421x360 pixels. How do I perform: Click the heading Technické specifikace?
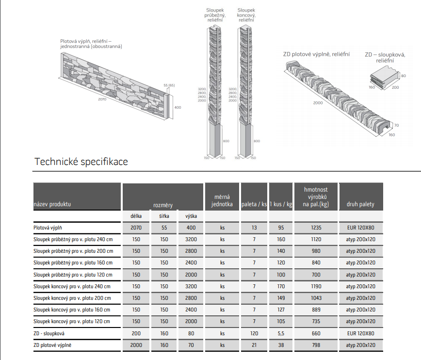click(x=81, y=162)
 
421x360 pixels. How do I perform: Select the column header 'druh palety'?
click(x=360, y=204)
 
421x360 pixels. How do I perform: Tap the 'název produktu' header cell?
click(x=52, y=204)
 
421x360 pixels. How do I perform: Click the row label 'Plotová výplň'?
click(x=48, y=228)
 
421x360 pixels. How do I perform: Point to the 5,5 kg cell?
click(x=281, y=333)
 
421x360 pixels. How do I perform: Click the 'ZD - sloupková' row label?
click(x=49, y=333)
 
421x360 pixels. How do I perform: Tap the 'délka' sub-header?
click(x=136, y=216)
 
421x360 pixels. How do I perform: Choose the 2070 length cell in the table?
click(x=136, y=228)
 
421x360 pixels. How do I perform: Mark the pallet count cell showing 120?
click(x=254, y=333)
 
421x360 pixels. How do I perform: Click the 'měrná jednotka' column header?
click(x=222, y=201)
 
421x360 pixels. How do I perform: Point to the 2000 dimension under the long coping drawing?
click(x=318, y=103)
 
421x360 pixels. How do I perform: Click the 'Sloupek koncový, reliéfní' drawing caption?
click(x=246, y=15)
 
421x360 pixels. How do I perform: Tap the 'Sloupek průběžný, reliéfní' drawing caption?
click(x=214, y=15)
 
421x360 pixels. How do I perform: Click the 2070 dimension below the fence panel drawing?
click(x=102, y=99)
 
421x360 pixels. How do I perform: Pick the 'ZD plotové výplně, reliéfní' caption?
click(x=316, y=54)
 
